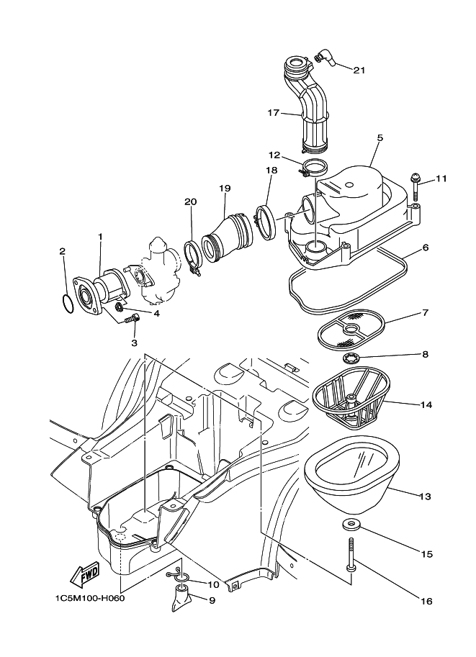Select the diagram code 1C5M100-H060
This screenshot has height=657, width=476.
click(89, 598)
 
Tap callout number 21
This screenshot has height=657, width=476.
click(359, 70)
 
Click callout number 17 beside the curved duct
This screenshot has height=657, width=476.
click(274, 113)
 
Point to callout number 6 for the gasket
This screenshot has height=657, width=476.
click(426, 248)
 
